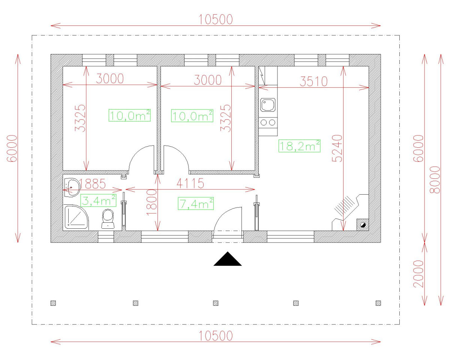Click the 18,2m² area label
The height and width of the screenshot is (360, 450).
click(x=299, y=146)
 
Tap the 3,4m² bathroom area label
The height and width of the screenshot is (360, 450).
click(x=98, y=200)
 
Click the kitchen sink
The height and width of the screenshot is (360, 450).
click(x=268, y=105)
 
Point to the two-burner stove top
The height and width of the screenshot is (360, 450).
click(x=268, y=122)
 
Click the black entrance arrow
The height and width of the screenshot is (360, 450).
click(x=227, y=259)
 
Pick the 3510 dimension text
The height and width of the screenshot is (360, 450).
click(x=313, y=81)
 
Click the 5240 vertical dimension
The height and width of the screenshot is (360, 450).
click(x=337, y=148)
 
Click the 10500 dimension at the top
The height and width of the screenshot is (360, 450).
click(x=216, y=19)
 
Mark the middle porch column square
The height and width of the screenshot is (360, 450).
click(x=216, y=303)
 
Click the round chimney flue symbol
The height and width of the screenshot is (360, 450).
click(x=363, y=225)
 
